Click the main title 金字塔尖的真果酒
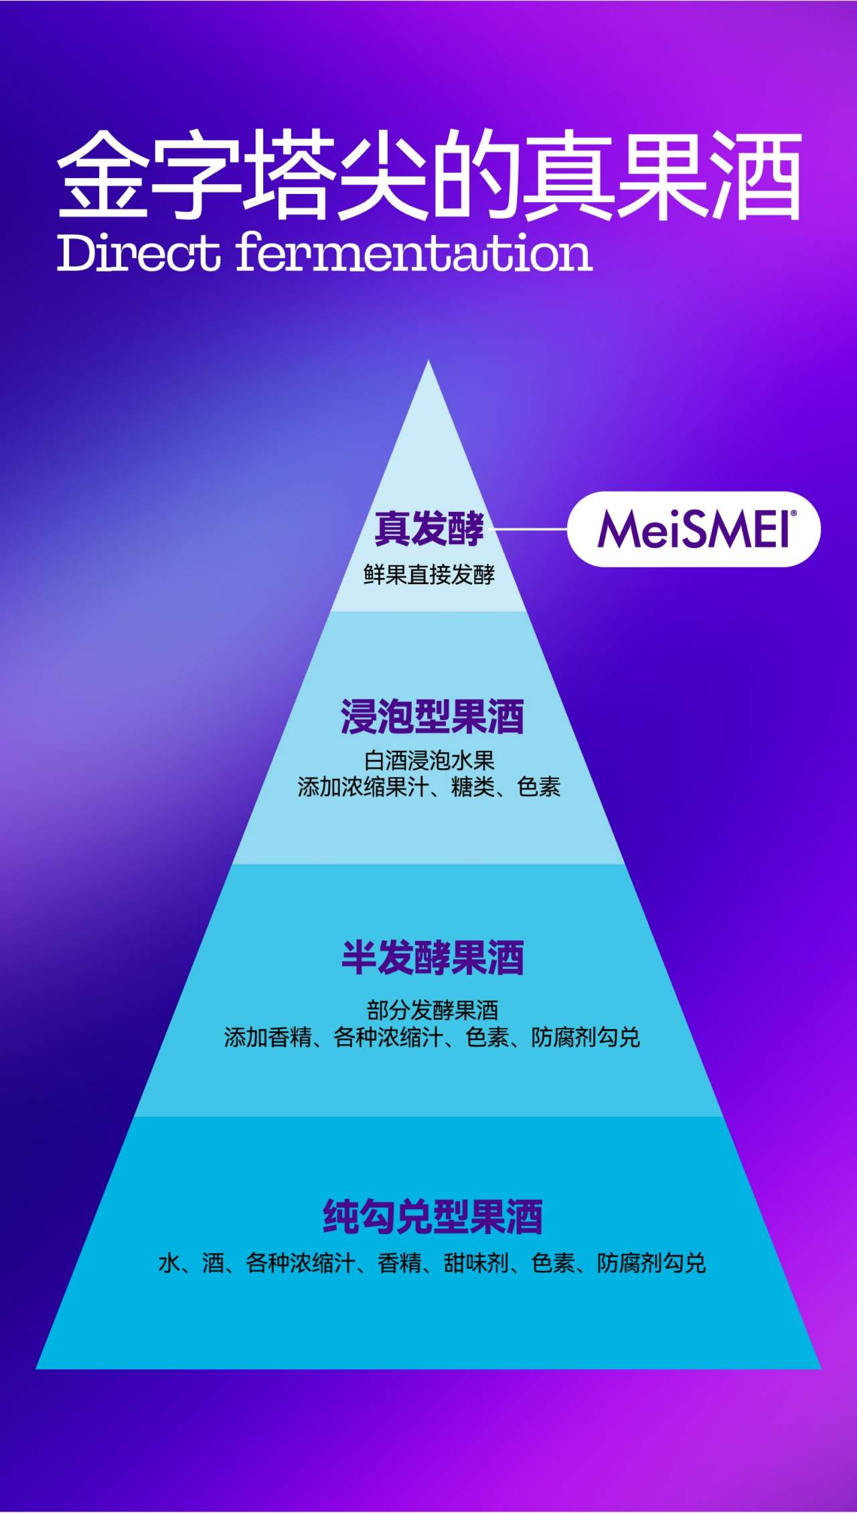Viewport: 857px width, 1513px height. coord(428,175)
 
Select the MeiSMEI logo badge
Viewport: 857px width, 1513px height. coord(694,529)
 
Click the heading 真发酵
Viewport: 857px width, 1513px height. coord(428,529)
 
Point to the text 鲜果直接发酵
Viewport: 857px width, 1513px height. coord(428,574)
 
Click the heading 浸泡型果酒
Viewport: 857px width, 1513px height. coord(432,717)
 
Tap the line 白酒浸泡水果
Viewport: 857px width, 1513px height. coord(428,760)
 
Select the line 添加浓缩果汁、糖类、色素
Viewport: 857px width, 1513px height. coord(428,787)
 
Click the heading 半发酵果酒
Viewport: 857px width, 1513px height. coord(432,958)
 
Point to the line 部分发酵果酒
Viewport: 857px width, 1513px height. coord(432,1010)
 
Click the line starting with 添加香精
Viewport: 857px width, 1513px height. coord(432,1037)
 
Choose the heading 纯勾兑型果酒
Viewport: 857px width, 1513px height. coord(432,1217)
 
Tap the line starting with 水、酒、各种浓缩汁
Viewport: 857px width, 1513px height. coord(432,1263)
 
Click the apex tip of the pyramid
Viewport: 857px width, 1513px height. coord(428,365)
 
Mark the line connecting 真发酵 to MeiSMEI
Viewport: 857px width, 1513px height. coord(529,529)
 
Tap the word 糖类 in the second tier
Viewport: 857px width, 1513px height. coord(473,787)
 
